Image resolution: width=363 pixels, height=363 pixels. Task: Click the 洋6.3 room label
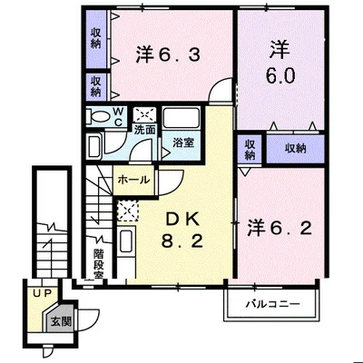[168, 55]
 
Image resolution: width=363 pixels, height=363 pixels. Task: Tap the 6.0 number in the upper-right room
[280, 75]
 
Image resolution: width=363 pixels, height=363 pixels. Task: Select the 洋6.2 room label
[280, 229]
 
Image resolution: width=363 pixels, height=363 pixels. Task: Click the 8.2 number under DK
[181, 241]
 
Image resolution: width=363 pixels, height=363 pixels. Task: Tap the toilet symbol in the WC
[98, 116]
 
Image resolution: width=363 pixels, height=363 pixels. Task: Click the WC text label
[118, 117]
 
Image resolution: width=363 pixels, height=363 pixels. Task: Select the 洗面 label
[145, 130]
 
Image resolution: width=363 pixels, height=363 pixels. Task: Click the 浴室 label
[183, 142]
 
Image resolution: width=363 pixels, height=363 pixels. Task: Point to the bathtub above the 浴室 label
[181, 118]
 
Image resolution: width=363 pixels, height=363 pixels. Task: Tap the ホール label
[133, 180]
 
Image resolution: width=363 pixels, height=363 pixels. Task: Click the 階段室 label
[99, 263]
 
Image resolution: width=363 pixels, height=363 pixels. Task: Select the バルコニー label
[272, 303]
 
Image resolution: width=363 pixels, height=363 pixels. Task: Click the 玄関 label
[61, 321]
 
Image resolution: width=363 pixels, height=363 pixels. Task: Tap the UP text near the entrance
[43, 293]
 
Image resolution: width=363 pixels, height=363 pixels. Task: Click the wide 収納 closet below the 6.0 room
[295, 149]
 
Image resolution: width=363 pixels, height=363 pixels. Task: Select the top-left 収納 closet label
[96, 39]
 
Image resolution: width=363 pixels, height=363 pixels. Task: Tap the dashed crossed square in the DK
[127, 210]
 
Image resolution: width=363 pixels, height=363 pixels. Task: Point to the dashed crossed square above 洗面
[145, 115]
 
